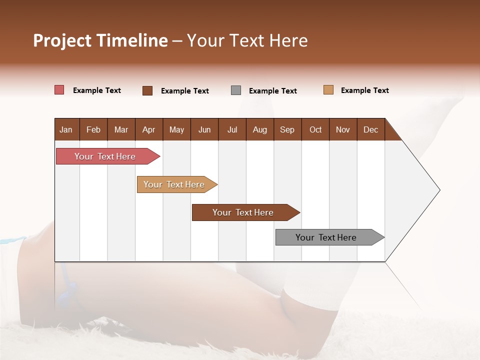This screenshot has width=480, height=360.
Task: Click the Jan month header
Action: click(x=66, y=129)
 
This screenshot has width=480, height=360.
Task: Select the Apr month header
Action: click(x=148, y=129)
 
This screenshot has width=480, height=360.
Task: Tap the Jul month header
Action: click(x=232, y=129)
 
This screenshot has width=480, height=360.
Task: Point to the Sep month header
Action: click(x=287, y=129)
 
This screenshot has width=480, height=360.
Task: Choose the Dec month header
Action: click(x=370, y=129)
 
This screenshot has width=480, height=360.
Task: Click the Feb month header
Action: click(x=93, y=129)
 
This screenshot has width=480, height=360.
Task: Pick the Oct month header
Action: click(x=315, y=129)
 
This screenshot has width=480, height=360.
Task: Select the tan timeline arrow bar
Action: click(x=175, y=184)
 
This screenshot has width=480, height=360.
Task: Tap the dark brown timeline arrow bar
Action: click(x=244, y=212)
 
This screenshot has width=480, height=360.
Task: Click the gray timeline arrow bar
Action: click(x=327, y=237)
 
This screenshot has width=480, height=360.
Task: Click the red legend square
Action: click(x=59, y=90)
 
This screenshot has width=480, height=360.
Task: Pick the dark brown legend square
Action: click(x=147, y=90)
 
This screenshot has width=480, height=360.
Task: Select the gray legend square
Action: click(x=236, y=90)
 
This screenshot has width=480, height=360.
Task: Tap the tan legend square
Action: click(x=328, y=90)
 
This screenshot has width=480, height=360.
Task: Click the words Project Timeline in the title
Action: click(x=100, y=40)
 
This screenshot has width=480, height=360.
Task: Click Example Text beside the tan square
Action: click(x=364, y=90)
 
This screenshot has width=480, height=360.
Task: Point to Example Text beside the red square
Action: click(x=96, y=90)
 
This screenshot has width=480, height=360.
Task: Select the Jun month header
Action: click(x=204, y=129)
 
